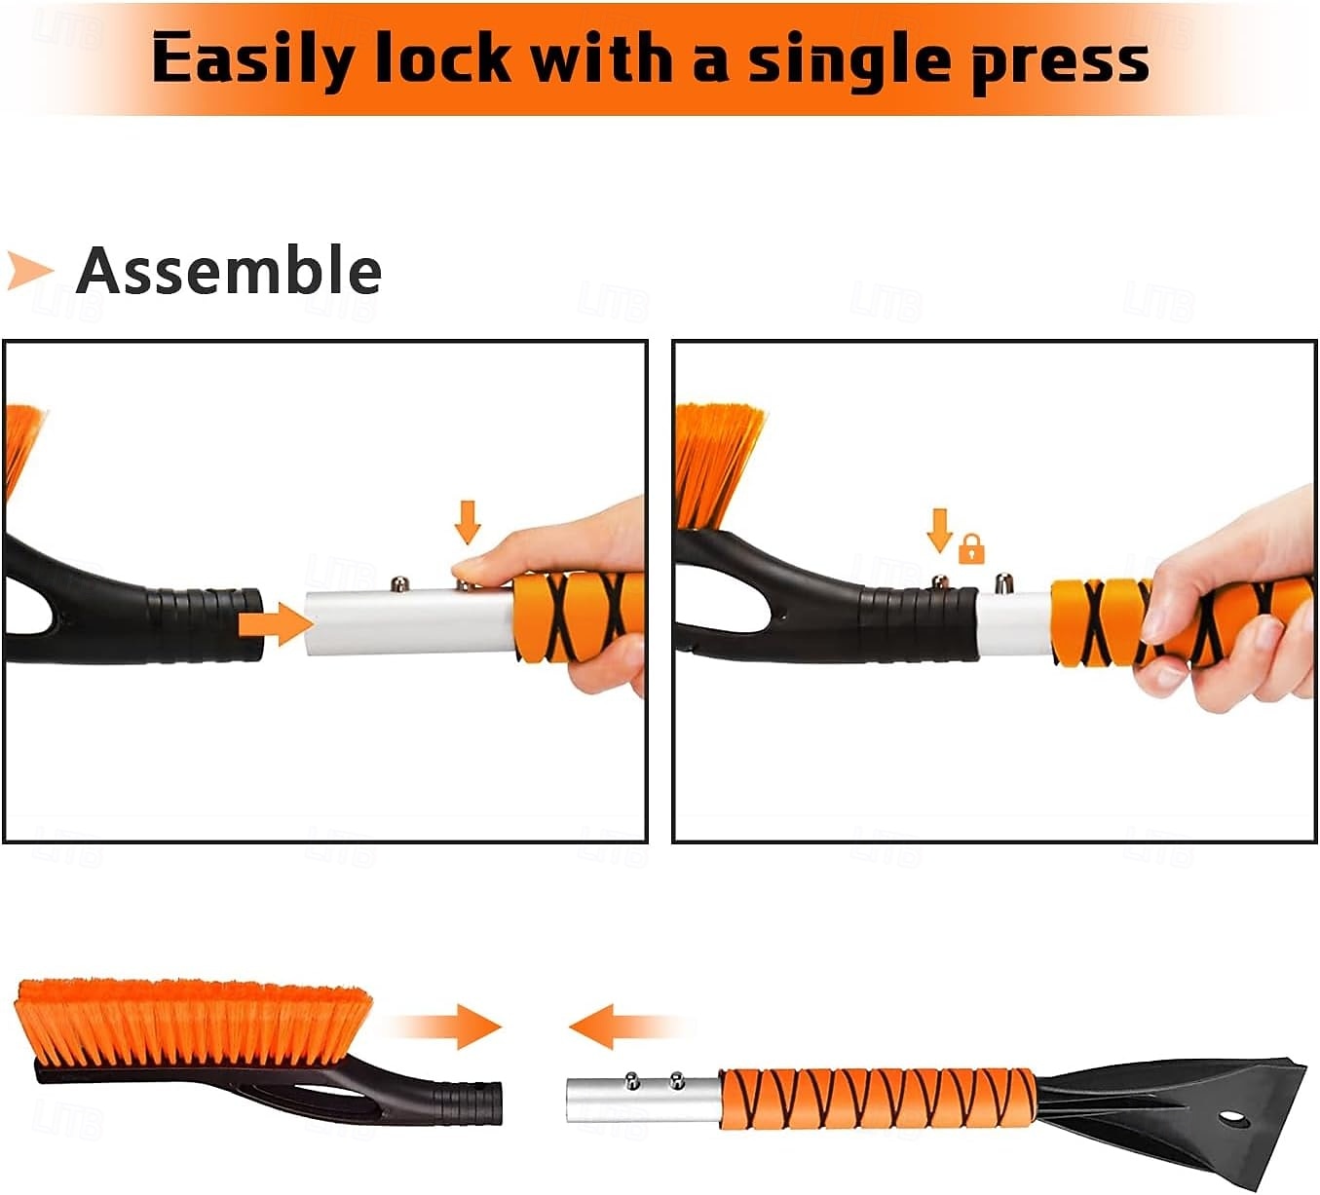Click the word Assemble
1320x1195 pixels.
[228, 271]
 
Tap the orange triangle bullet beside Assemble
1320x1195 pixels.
[29, 271]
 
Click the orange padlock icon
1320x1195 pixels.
[971, 549]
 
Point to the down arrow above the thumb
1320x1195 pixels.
[468, 522]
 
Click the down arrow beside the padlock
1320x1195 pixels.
[940, 531]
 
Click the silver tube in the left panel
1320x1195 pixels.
[409, 622]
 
